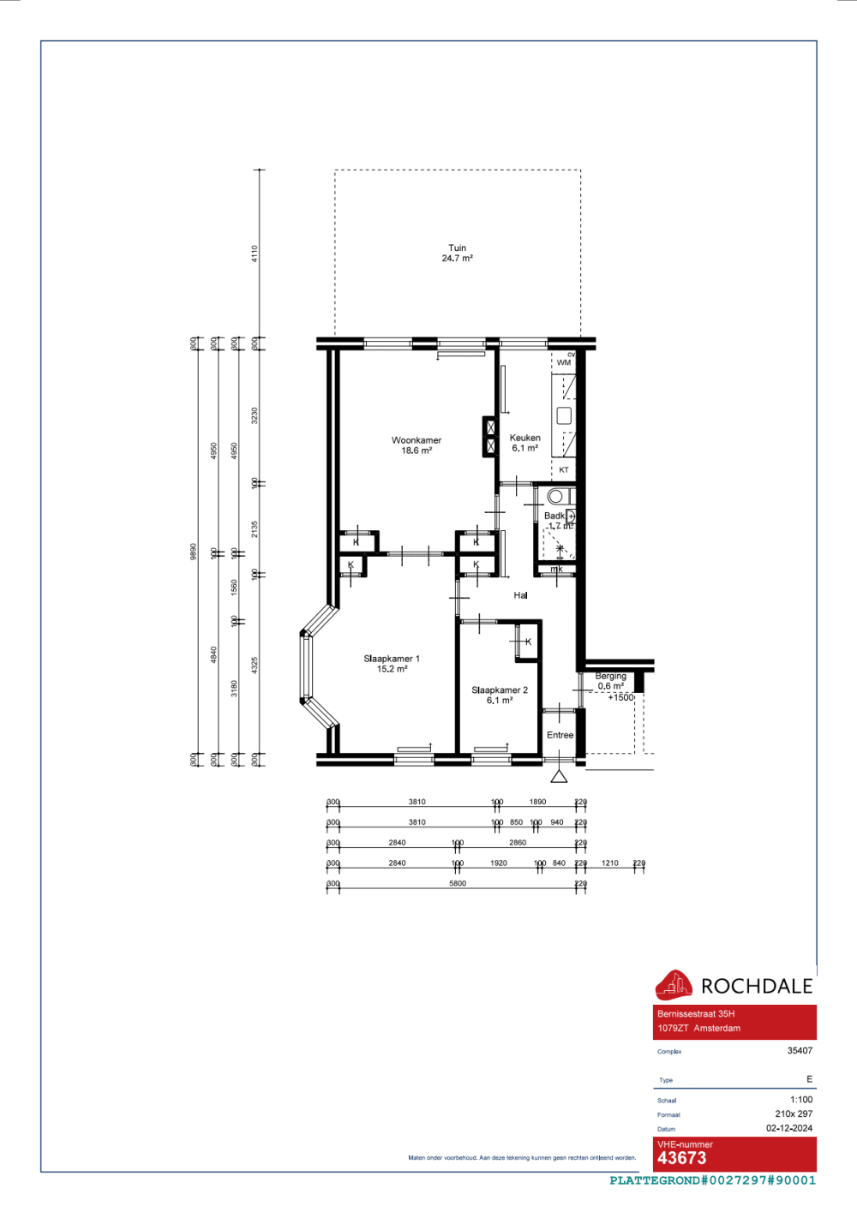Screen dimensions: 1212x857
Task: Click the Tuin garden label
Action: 458,248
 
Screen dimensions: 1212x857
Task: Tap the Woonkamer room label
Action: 417,440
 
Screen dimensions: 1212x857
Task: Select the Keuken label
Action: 524,438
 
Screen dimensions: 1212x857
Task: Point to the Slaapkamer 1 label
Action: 392,659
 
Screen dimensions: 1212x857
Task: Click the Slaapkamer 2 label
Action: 500,690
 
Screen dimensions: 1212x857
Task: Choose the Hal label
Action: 520,595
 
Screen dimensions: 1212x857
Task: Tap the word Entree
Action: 560,735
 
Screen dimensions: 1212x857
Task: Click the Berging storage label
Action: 611,676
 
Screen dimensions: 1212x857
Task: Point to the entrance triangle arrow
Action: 559,776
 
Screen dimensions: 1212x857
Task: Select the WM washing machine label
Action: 563,362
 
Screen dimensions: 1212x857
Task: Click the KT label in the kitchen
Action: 564,470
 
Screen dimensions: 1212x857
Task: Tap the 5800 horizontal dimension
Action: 458,883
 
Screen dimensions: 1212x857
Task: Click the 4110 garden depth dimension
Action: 255,254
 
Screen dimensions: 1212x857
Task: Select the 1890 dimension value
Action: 537,802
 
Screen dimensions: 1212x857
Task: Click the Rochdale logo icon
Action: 674,985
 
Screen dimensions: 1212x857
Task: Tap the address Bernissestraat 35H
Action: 696,1013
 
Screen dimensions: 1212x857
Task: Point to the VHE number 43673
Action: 682,1158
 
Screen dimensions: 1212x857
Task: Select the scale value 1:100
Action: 801,1100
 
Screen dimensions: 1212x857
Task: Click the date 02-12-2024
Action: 789,1128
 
